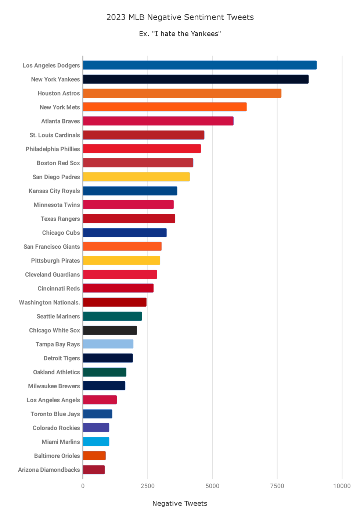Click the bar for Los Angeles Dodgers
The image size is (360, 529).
199,65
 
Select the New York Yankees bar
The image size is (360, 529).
195,79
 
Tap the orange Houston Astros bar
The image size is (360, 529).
182,93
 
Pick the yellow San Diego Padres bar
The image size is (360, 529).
136,177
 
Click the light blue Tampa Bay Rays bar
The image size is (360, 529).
108,344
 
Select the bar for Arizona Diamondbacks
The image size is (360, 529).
94,470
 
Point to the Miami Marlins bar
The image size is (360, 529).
96,442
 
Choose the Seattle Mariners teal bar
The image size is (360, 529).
112,316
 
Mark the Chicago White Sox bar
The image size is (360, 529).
110,330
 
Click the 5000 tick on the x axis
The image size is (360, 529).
212,486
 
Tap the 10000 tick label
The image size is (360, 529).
342,486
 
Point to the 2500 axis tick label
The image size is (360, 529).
148,486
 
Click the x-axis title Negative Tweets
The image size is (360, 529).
180,503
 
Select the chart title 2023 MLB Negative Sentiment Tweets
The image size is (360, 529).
180,17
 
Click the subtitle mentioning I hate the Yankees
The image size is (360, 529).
180,34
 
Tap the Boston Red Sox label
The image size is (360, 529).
58,163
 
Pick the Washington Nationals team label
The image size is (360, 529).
49,302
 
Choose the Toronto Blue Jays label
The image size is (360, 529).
55,414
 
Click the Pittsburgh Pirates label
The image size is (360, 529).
55,260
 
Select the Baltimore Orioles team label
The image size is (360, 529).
57,456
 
